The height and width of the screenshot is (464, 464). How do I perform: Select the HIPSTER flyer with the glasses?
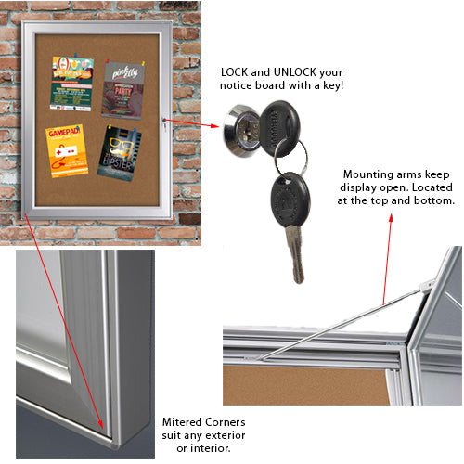120,150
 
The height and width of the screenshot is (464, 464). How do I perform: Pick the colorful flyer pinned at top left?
71,84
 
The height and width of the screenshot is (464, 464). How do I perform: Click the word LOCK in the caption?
235,72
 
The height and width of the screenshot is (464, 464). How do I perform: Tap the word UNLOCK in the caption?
288,72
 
